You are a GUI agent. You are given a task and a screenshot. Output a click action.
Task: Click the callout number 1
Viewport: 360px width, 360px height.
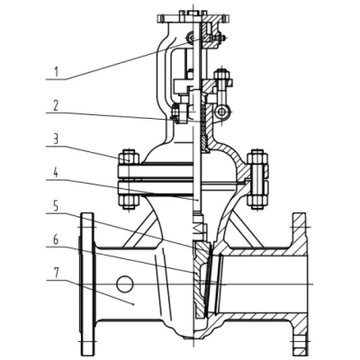(56, 72)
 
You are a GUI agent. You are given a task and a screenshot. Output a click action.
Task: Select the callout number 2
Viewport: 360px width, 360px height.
(56, 105)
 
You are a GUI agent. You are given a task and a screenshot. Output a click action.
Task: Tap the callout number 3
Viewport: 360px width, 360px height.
(56, 139)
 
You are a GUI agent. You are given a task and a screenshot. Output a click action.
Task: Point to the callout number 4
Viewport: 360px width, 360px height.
(56, 173)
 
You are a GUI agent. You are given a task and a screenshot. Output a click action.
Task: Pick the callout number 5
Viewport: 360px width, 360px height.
(56, 207)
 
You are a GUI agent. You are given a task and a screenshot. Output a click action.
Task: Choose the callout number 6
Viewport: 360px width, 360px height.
(56, 240)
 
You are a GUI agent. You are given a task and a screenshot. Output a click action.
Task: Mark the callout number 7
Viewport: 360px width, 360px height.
(56, 274)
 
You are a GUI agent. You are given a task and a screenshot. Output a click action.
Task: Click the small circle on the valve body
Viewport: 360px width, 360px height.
(124, 283)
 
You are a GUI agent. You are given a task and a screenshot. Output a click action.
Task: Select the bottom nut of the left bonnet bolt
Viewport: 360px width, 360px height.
(129, 202)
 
